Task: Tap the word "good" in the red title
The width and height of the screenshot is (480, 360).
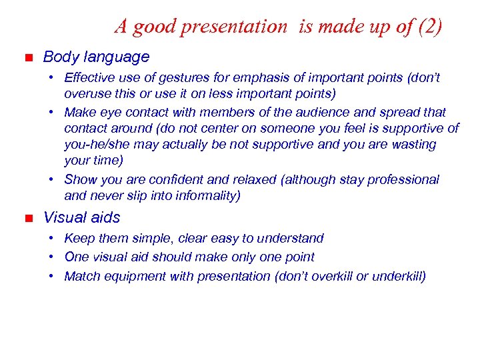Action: [153, 27]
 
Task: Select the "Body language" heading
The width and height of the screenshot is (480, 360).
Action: [96, 57]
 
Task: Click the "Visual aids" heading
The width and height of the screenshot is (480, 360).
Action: [81, 217]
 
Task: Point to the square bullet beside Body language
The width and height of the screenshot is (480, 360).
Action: [27, 58]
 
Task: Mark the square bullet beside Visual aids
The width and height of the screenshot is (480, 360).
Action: [27, 218]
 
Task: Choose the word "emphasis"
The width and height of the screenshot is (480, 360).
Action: [249, 78]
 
